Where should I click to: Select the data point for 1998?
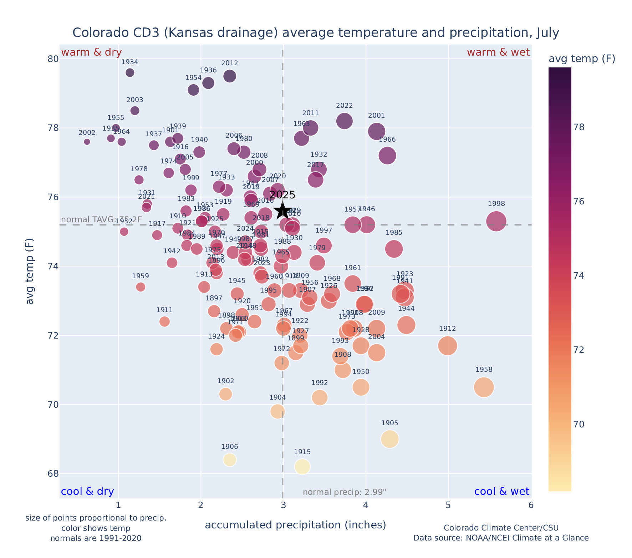pyautogui.click(x=496, y=221)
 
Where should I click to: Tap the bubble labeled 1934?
pyautogui.click(x=130, y=72)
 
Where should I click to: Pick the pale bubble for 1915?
pyautogui.click(x=302, y=467)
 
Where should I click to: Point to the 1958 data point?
pyautogui.click(x=484, y=387)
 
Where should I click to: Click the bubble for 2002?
pyautogui.click(x=87, y=142)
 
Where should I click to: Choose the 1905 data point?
pyautogui.click(x=389, y=439)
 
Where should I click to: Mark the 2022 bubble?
pyautogui.click(x=344, y=121)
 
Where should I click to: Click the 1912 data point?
pyautogui.click(x=447, y=346)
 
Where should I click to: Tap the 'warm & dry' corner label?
pyautogui.click(x=91, y=52)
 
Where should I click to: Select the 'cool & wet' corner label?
pyautogui.click(x=501, y=492)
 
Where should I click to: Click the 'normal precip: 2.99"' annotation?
pyautogui.click(x=344, y=492)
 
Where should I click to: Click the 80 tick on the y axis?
pyautogui.click(x=53, y=59)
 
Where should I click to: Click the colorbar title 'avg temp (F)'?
pyautogui.click(x=582, y=59)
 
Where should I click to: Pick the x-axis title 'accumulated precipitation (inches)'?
pyautogui.click(x=295, y=525)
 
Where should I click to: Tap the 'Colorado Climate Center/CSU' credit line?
pyautogui.click(x=501, y=528)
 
